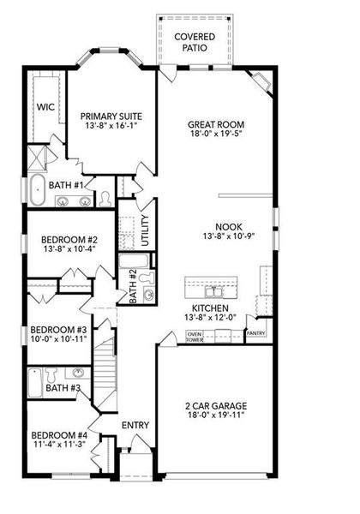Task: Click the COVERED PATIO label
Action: point(195,43)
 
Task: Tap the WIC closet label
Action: point(45,108)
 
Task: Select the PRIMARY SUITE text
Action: point(111,117)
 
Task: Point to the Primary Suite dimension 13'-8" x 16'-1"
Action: point(111,128)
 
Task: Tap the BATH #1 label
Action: point(65,185)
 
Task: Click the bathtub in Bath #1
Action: point(39,191)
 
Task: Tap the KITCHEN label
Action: point(209,308)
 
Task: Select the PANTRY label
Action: point(255,332)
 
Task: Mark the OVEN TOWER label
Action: point(195,337)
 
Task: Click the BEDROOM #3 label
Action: point(58,330)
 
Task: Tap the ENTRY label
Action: point(135,426)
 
